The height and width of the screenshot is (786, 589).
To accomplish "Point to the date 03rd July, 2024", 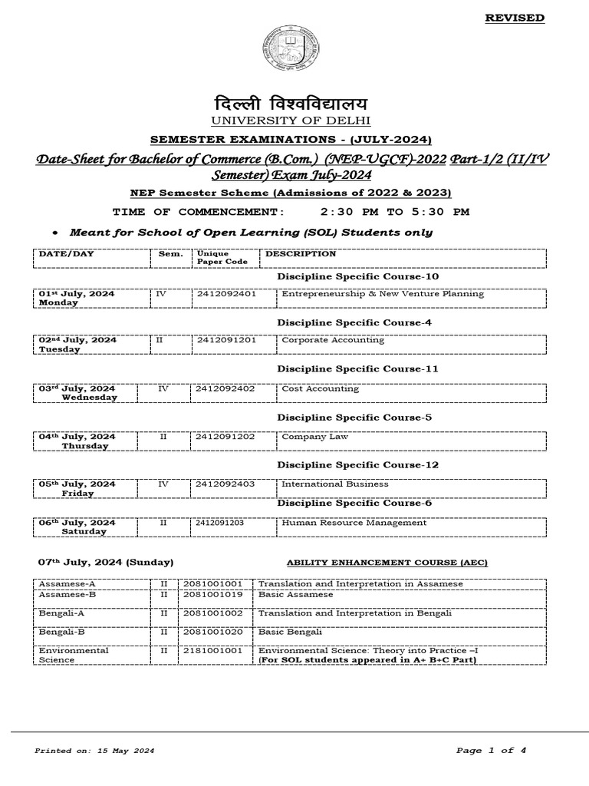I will [77, 388].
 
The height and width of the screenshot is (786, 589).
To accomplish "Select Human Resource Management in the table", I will [354, 523].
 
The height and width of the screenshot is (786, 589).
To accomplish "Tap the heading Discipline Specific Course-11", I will [357, 369].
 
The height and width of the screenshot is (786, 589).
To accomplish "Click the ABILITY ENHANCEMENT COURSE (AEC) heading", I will [387, 563].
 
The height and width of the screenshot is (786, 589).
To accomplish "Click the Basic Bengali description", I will [289, 631].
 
